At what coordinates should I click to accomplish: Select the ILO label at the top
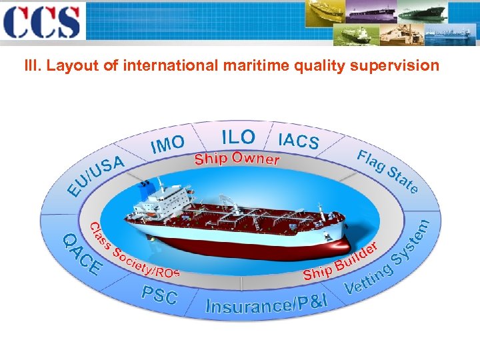click(238, 137)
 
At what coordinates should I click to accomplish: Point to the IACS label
click(298, 140)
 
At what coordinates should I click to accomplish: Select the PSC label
click(159, 294)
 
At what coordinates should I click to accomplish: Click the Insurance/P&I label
click(267, 304)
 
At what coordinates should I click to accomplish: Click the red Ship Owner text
click(237, 159)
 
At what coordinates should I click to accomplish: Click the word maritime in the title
click(257, 65)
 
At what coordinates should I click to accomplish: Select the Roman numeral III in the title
click(31, 65)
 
